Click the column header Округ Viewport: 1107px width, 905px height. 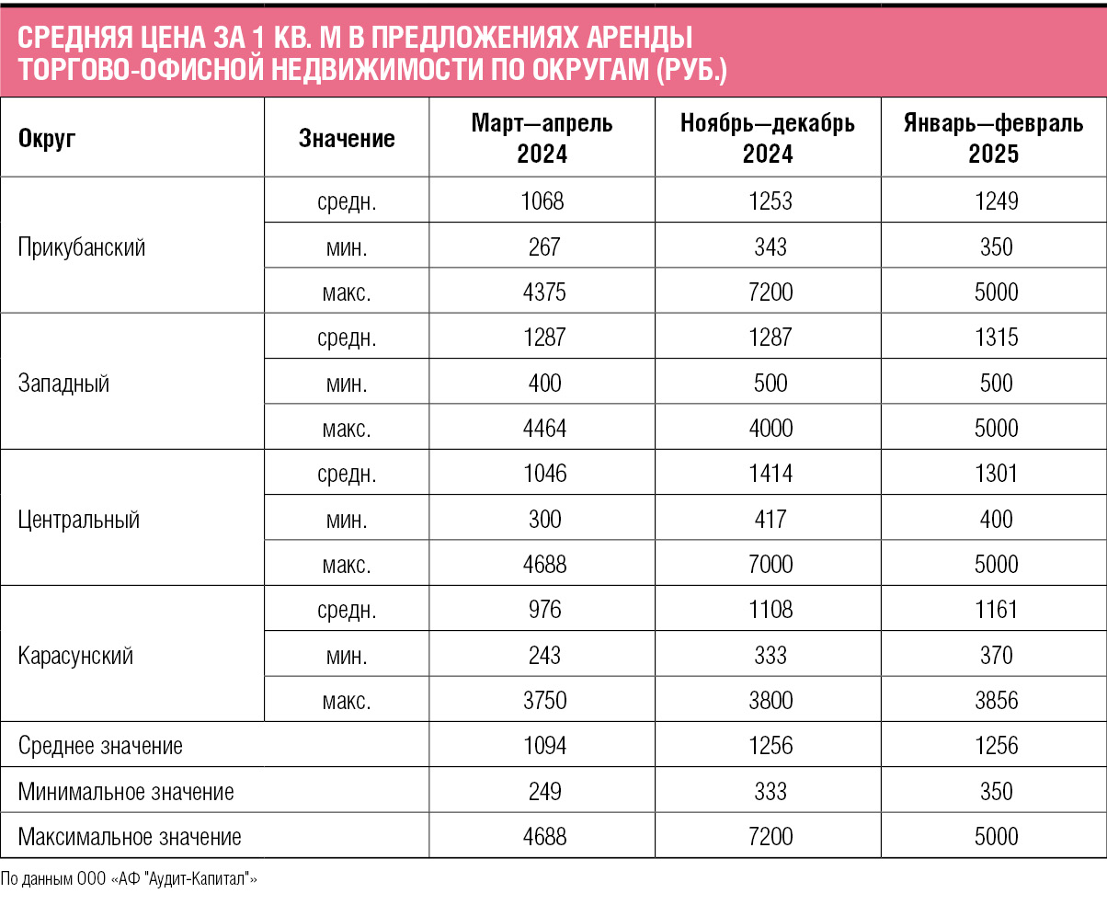(47, 139)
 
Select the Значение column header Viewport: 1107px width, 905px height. (347, 139)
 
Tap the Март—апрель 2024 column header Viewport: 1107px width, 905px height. (542, 138)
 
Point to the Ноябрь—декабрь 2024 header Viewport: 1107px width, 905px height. (768, 138)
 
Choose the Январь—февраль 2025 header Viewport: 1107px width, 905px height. (993, 138)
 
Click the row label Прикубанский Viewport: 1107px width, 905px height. (81, 246)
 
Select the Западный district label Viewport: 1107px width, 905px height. (63, 384)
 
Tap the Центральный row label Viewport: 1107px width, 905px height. (79, 520)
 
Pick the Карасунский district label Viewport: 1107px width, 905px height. (75, 656)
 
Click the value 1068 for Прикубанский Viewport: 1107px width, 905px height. (542, 201)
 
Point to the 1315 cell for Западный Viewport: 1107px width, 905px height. (996, 337)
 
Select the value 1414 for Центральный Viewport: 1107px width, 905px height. (770, 474)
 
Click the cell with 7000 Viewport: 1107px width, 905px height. (770, 565)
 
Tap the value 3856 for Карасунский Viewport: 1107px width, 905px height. (996, 700)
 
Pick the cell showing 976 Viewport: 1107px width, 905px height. (544, 610)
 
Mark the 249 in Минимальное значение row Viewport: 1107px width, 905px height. (544, 791)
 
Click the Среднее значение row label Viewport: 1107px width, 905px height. (100, 745)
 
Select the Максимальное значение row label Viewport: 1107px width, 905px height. (130, 836)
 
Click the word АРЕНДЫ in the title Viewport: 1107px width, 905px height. (639, 38)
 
